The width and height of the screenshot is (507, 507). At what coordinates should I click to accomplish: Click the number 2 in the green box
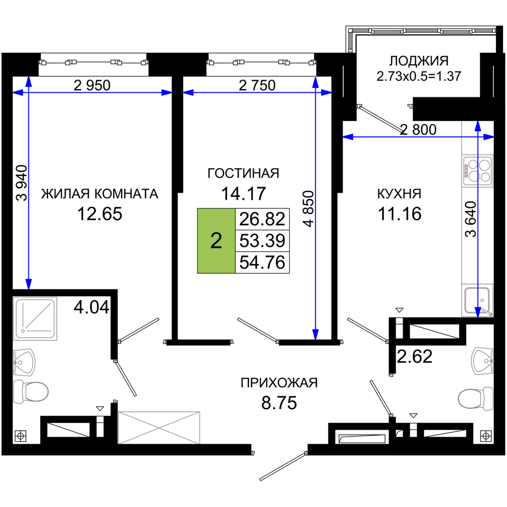click(216, 241)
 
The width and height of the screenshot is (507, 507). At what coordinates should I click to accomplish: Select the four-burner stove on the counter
click(478, 170)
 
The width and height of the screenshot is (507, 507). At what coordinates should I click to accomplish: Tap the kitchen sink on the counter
click(477, 300)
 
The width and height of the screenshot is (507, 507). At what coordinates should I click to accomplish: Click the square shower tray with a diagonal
click(35, 319)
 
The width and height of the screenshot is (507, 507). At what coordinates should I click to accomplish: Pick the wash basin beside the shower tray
click(24, 362)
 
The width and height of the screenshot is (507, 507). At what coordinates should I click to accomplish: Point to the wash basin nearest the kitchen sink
click(482, 361)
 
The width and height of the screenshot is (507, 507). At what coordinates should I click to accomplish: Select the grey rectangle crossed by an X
click(159, 427)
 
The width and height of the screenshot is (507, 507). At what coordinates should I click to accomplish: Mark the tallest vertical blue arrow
click(315, 213)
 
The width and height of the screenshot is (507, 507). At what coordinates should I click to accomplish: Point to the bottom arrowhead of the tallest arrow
click(315, 333)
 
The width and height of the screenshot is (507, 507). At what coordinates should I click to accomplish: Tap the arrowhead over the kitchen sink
click(478, 311)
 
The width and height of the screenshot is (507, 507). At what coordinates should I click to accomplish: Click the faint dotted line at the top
click(436, 25)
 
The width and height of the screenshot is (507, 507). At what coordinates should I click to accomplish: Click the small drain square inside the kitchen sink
click(482, 300)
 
